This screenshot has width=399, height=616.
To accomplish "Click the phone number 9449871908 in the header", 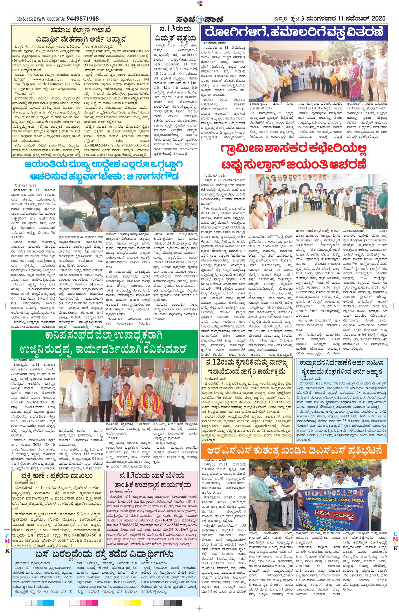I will (83, 19).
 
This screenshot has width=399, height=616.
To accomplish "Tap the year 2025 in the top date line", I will (378, 19).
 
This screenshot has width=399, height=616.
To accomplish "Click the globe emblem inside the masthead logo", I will (199, 19).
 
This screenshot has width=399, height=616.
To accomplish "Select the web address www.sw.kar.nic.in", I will (48, 79).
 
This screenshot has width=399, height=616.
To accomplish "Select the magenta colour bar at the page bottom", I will (83, 603).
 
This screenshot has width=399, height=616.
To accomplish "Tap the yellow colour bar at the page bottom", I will (127, 603).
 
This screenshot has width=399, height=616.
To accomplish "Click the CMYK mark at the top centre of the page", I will (199, 3).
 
